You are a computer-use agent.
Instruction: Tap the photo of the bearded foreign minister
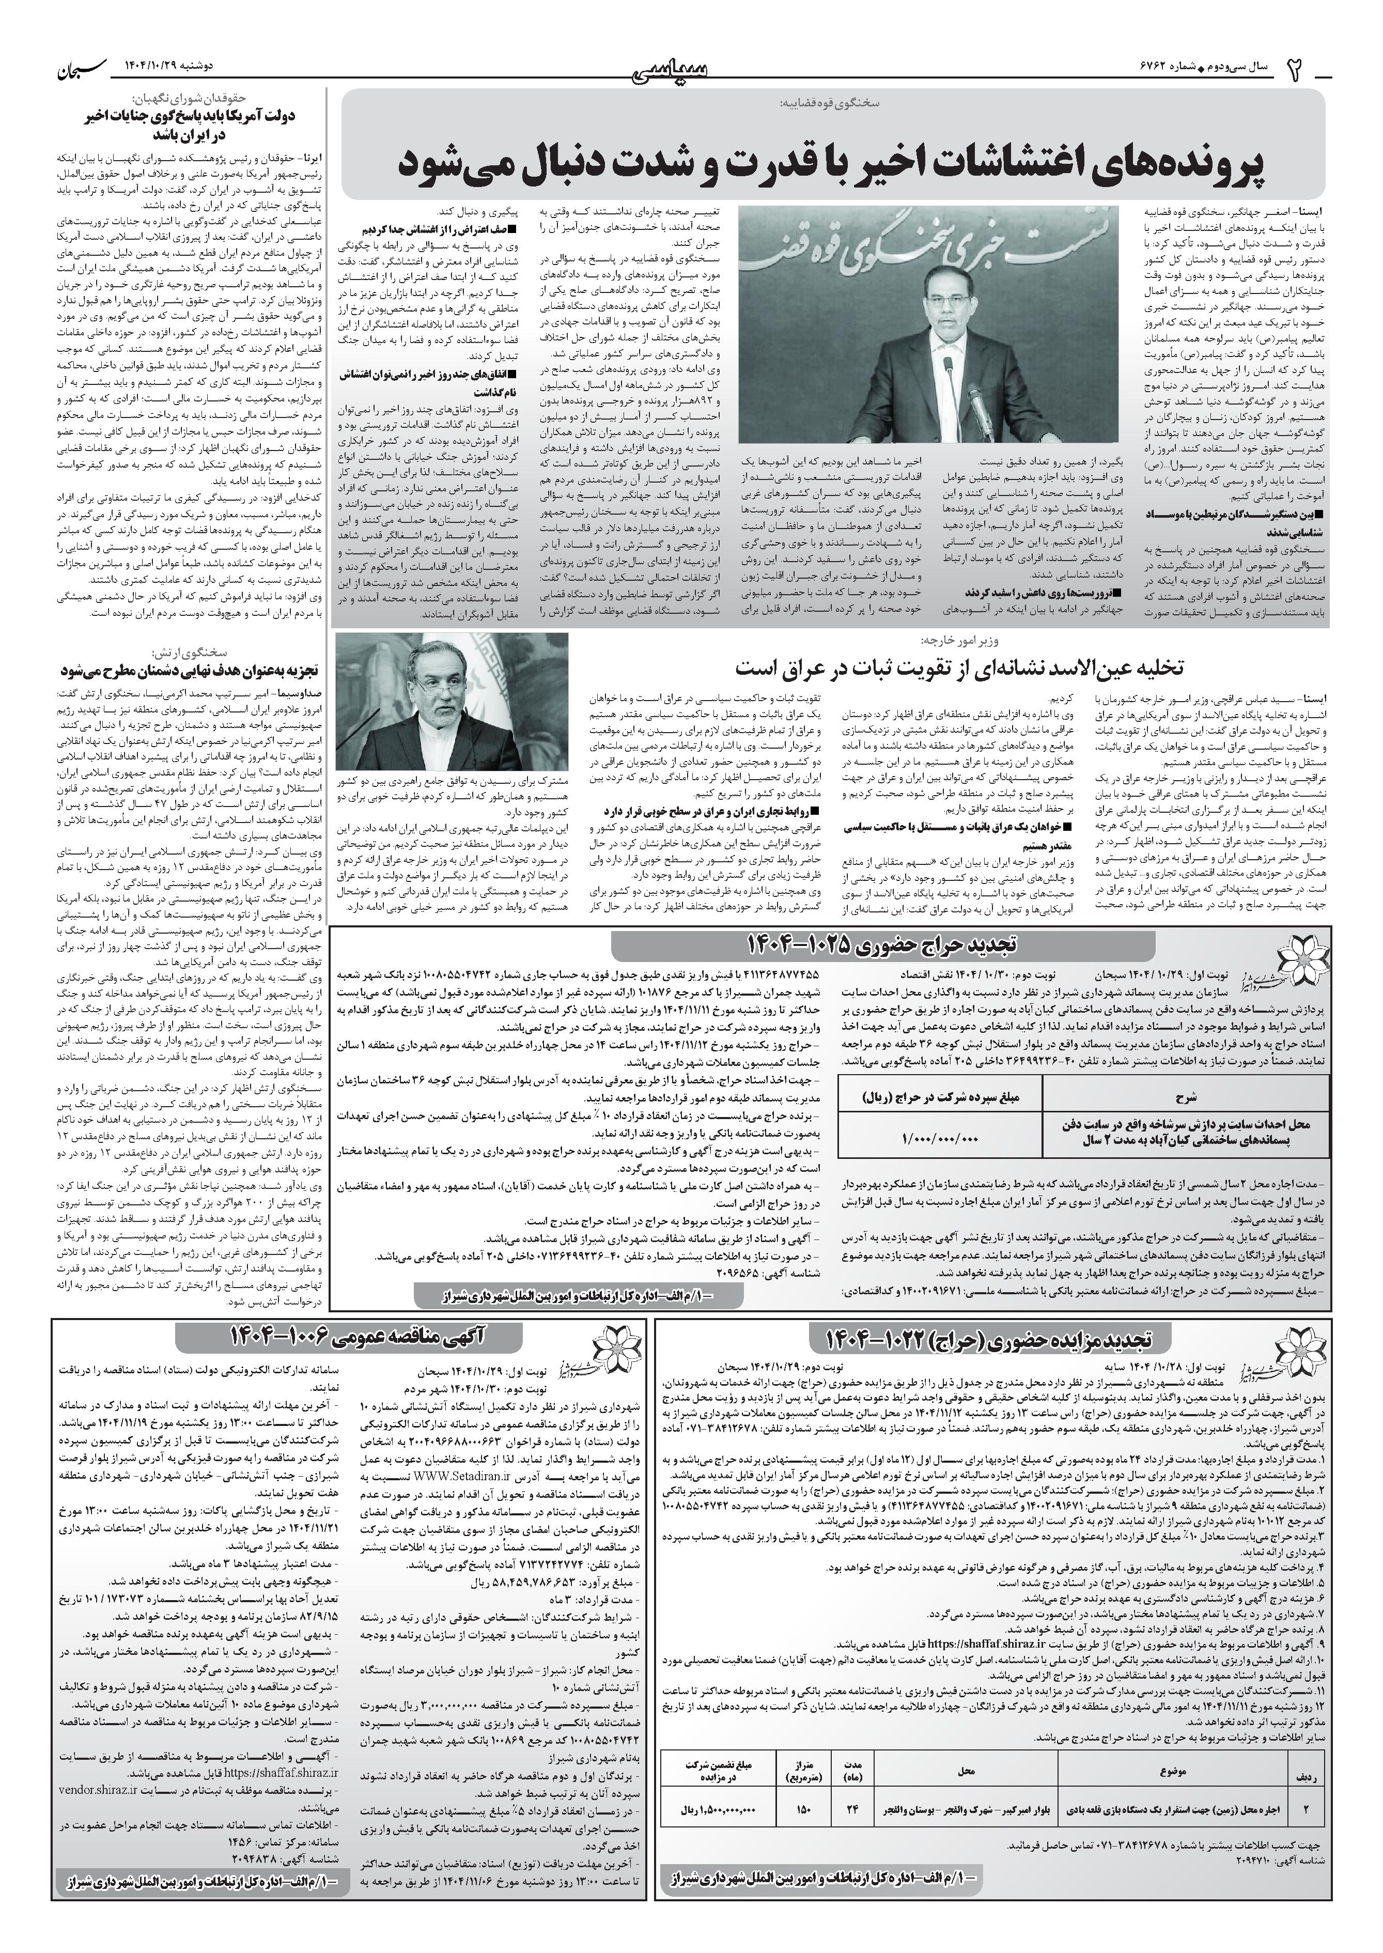click(x=452, y=702)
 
